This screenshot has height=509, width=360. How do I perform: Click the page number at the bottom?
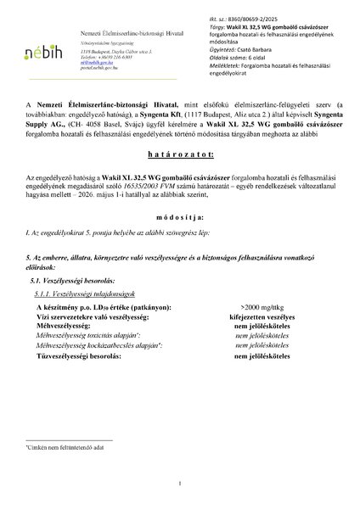[180, 485]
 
